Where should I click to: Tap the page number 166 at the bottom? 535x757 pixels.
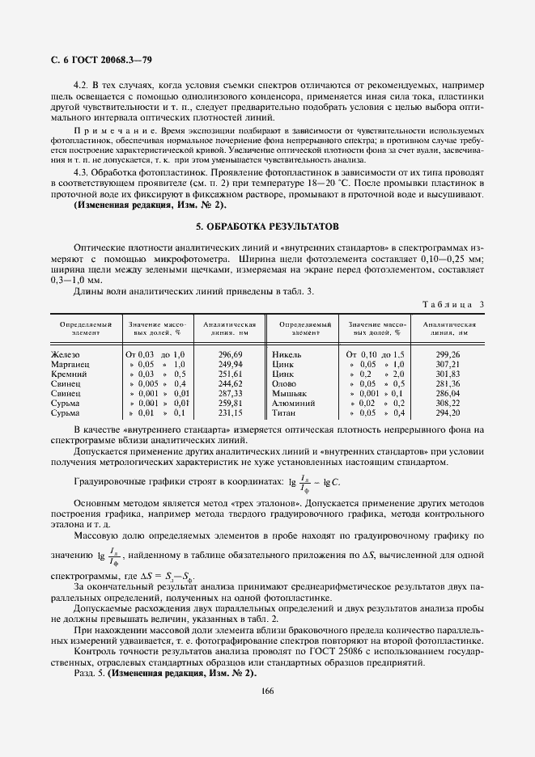coord(267,689)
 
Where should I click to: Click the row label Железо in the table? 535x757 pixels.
coord(66,354)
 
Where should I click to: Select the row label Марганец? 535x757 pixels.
coord(70,364)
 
